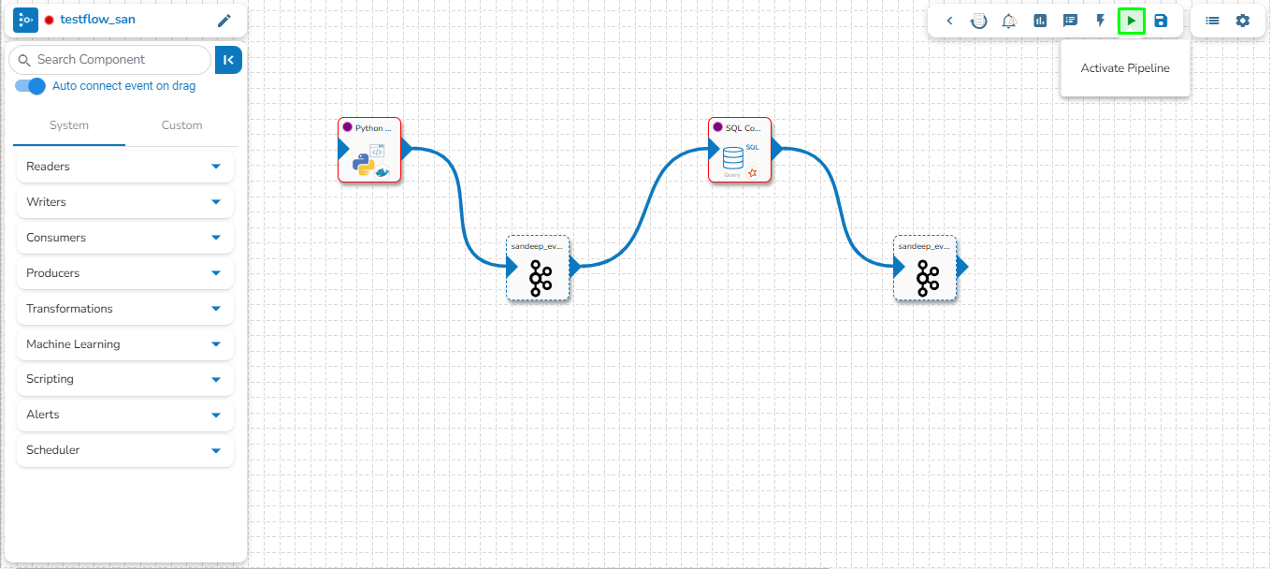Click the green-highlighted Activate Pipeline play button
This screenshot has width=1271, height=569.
pyautogui.click(x=1132, y=21)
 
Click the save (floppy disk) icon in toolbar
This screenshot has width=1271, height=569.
pyautogui.click(x=1161, y=21)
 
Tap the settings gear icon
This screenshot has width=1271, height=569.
pyautogui.click(x=1242, y=21)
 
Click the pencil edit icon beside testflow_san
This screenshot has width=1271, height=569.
pyautogui.click(x=224, y=21)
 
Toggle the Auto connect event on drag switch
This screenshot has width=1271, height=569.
pyautogui.click(x=31, y=86)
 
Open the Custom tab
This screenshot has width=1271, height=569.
pyautogui.click(x=181, y=125)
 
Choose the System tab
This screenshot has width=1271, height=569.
pyautogui.click(x=69, y=125)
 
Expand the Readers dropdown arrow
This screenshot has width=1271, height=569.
pyautogui.click(x=216, y=167)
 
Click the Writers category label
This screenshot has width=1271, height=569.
pyautogui.click(x=47, y=202)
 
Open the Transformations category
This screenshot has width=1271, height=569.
pyautogui.click(x=69, y=309)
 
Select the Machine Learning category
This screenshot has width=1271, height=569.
pyautogui.click(x=73, y=344)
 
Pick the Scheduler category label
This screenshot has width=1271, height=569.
pyautogui.click(x=53, y=450)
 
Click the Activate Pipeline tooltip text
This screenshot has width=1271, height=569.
pyautogui.click(x=1125, y=68)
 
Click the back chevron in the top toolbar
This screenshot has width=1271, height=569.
pyautogui.click(x=949, y=21)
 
